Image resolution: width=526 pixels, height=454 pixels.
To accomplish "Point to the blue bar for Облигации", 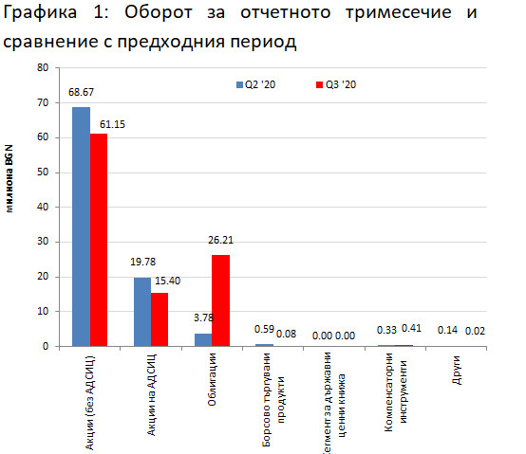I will (x=203, y=339).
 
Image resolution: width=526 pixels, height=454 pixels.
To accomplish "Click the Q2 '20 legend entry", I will (x=257, y=84).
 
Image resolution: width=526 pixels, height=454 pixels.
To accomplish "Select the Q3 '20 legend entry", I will (x=336, y=84).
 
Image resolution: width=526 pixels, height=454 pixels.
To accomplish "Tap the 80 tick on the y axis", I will (x=42, y=68).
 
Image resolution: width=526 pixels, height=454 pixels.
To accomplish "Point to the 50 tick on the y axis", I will (x=42, y=173).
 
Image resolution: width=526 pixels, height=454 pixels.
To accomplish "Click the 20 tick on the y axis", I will (x=42, y=277).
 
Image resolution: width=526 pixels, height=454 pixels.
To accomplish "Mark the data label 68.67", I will (x=81, y=93).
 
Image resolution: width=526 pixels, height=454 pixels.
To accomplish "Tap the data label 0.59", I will (x=265, y=331).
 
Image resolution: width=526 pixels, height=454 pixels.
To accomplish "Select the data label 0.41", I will (x=411, y=329).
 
